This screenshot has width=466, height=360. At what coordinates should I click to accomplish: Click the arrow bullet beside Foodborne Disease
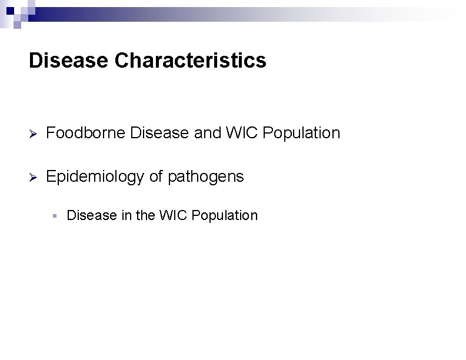tap(34, 134)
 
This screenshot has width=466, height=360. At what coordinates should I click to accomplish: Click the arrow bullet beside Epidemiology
tap(34, 177)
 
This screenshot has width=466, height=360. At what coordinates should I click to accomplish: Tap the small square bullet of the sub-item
tap(54, 216)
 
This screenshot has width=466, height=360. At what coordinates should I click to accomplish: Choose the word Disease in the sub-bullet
tap(92, 215)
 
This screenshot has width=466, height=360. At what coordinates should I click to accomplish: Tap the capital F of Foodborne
tap(50, 134)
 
